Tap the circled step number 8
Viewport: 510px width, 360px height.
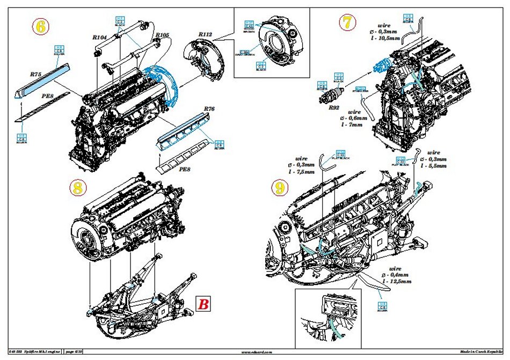coord(78,187)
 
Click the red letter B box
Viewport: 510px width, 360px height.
coord(204,304)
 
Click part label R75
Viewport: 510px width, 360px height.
coord(36,75)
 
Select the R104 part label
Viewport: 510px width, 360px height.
coord(99,38)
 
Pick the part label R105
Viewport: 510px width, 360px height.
coord(162,35)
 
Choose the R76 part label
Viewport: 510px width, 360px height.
coord(209,109)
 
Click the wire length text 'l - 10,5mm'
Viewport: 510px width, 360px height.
coord(387,38)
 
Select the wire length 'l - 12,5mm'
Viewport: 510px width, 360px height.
coord(396,281)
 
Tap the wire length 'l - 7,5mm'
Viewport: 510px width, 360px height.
coord(294,172)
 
